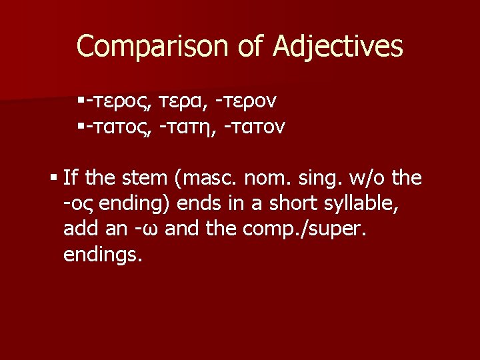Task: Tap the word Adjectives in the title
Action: click(338, 47)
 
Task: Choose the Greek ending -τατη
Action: click(187, 127)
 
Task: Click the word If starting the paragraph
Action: click(70, 178)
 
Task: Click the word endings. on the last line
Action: click(103, 255)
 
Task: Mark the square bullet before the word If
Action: click(53, 178)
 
